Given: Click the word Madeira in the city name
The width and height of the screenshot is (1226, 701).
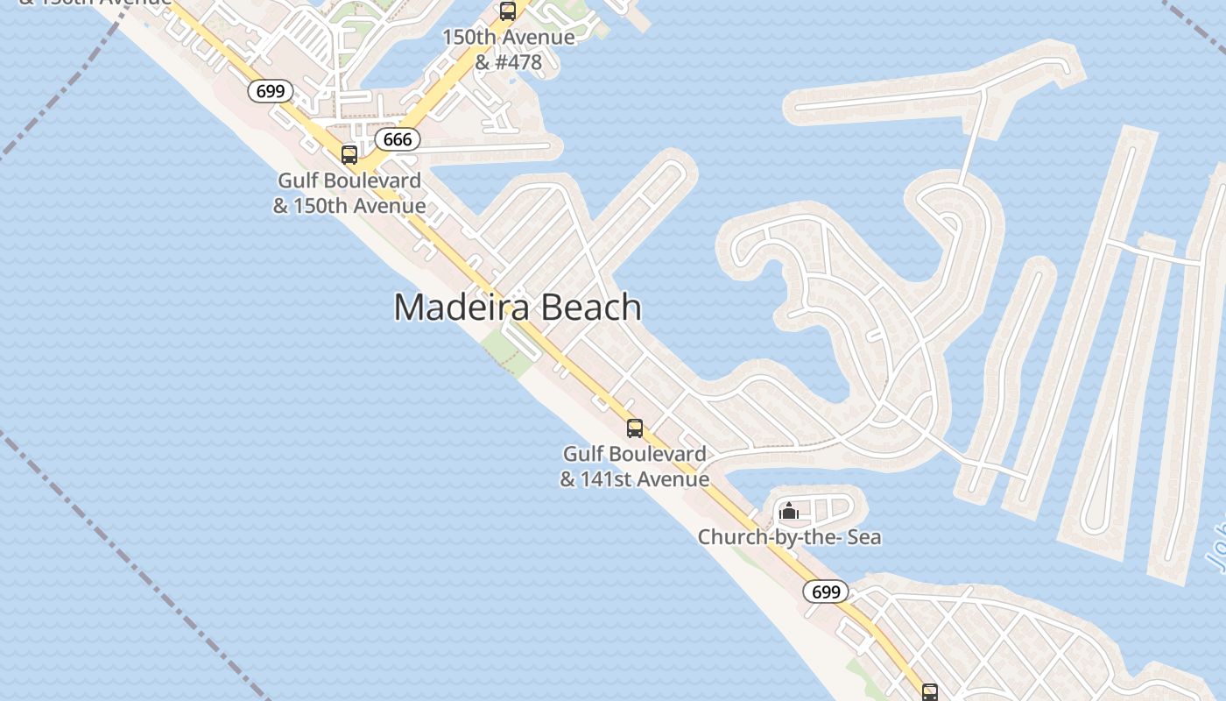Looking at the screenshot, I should [461, 308].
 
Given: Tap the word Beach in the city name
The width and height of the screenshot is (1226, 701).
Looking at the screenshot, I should [592, 308].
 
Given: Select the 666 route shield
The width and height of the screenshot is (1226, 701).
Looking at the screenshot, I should [398, 139].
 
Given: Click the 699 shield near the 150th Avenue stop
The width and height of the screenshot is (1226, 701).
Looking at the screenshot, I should [270, 90].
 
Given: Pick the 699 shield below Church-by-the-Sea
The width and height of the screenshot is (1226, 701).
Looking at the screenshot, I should [826, 591].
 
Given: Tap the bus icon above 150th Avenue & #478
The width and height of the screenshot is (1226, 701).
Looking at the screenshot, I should [508, 11].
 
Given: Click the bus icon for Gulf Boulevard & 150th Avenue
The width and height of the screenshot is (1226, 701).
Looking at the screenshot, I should [349, 155].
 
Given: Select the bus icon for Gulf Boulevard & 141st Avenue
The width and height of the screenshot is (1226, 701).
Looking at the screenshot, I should [635, 428].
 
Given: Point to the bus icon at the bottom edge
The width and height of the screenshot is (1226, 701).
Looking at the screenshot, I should [930, 692].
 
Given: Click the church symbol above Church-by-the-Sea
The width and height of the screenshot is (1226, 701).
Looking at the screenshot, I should [789, 510].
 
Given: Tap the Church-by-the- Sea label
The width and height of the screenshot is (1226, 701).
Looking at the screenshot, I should [789, 536].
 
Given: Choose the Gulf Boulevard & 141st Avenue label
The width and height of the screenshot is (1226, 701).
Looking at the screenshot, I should [635, 466].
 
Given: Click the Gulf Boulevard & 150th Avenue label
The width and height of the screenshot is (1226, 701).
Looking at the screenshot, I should [349, 193].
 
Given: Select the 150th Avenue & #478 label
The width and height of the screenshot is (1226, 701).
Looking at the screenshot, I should [508, 50].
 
